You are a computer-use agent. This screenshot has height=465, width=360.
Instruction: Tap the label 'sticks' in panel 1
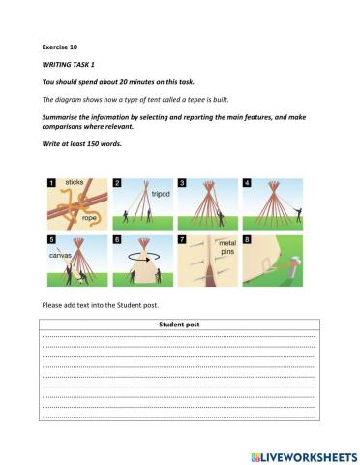coord(75,182)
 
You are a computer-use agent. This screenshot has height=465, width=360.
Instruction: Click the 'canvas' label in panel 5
coord(60,256)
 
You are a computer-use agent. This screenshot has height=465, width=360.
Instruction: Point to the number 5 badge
coord(51,239)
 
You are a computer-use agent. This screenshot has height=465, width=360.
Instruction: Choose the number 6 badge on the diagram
coord(117,239)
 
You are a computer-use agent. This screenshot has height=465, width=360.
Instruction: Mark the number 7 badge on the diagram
coord(183,239)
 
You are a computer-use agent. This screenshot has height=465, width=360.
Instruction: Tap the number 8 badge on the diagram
coord(248,239)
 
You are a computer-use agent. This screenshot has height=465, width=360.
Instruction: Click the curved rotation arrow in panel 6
coord(142,260)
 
